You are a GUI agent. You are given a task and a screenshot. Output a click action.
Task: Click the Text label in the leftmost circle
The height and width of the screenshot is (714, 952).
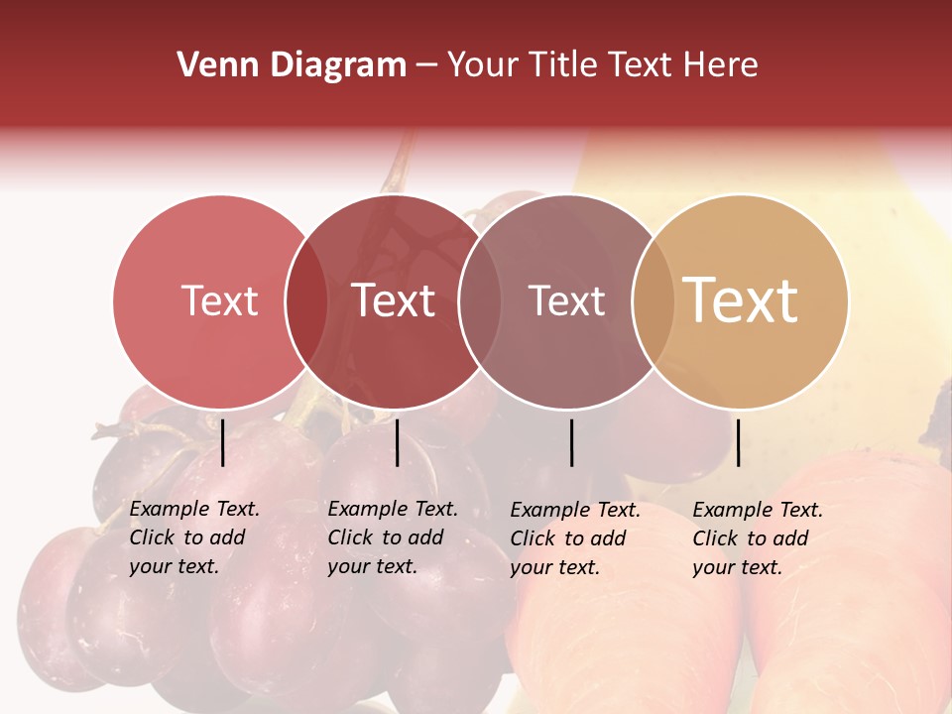pos(219,300)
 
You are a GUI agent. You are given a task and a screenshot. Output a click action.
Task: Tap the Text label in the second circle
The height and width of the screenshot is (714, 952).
pos(394,300)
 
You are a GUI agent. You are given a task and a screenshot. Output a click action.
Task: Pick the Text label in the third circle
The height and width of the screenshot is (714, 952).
pos(566,300)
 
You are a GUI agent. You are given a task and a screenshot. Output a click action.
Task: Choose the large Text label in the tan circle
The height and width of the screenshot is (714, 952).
pos(741,300)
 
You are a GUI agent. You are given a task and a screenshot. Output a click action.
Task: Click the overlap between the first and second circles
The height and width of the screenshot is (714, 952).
pos(306,301)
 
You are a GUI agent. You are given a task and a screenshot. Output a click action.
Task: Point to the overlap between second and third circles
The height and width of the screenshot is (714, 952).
pos(480,301)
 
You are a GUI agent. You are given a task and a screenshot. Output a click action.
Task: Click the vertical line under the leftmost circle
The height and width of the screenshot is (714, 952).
pos(223,442)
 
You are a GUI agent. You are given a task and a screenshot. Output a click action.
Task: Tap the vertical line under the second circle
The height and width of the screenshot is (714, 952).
pos(397,442)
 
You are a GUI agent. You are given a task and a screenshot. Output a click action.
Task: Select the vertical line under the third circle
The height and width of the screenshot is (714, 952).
pos(572,442)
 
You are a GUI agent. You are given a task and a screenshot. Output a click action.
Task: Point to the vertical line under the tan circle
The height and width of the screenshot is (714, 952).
pos(738,442)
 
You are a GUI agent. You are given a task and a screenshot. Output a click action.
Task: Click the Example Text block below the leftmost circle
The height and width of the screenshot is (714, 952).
pos(193,537)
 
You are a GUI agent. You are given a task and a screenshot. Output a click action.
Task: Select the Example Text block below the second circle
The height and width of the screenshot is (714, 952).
pos(392,537)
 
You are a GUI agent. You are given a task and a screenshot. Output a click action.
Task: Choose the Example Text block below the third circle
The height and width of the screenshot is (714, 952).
pos(574,538)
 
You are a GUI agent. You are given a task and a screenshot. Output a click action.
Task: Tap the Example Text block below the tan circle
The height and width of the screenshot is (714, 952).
pos(757,538)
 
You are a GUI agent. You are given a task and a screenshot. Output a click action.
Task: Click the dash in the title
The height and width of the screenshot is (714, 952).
pos(426,66)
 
